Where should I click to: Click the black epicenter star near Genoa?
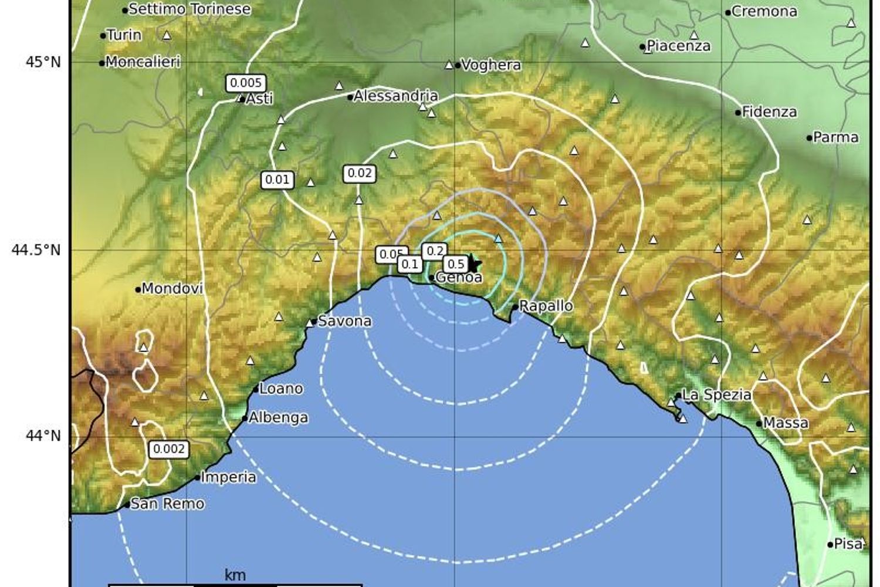click(x=473, y=264)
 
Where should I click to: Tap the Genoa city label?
click(x=459, y=277)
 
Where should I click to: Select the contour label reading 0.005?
click(x=246, y=83)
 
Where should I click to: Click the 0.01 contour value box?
click(x=277, y=180)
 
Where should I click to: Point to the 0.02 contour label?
click(x=360, y=173)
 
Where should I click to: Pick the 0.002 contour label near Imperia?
click(x=169, y=450)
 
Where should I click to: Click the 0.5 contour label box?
click(x=456, y=264)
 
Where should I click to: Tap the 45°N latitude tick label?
click(x=43, y=62)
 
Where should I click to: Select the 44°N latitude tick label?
click(x=43, y=436)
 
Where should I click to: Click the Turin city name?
click(x=124, y=35)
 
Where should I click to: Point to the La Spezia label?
click(x=716, y=395)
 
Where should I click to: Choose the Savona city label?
click(x=344, y=321)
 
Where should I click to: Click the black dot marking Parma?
click(x=810, y=138)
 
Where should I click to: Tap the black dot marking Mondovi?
click(x=138, y=289)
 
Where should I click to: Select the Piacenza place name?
click(x=679, y=46)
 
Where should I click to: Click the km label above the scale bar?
click(x=235, y=575)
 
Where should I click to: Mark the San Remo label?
click(x=167, y=504)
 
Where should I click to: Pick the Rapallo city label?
click(x=546, y=306)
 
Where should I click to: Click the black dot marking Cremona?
click(x=728, y=12)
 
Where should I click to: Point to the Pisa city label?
click(x=848, y=544)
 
